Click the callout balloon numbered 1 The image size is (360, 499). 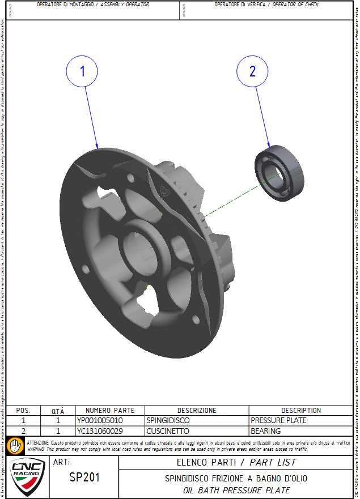(x=82, y=71)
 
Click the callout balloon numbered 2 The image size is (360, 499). (x=252, y=71)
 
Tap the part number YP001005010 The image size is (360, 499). (x=100, y=421)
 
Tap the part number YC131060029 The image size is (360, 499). (x=100, y=431)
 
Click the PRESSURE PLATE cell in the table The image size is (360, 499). (x=278, y=421)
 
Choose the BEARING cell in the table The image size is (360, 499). (x=266, y=431)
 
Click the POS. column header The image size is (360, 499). (x=23, y=411)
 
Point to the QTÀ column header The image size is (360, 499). (x=58, y=411)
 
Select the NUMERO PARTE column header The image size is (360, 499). (x=110, y=411)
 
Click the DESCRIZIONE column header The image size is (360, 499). (x=197, y=411)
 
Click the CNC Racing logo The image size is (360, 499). (x=28, y=475)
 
